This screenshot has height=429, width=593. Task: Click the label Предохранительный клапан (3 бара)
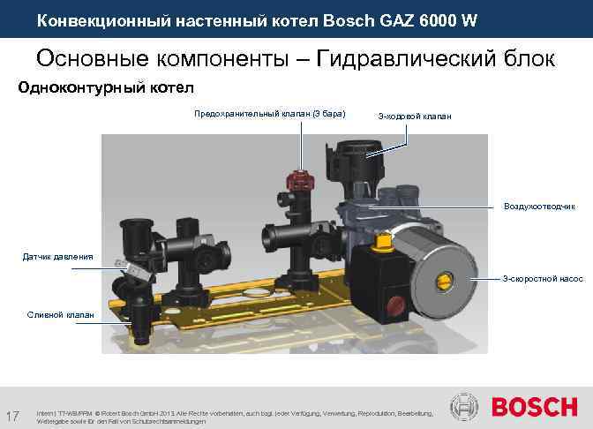pyautogui.click(x=269, y=114)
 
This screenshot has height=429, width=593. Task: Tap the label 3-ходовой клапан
pyautogui.click(x=414, y=116)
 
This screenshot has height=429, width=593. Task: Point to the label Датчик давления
pyautogui.click(x=57, y=257)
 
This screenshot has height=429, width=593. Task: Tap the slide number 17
pyautogui.click(x=12, y=416)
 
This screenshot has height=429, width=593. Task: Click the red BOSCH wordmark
pyautogui.click(x=533, y=408)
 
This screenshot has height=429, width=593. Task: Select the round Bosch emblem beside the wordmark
pyautogui.click(x=465, y=408)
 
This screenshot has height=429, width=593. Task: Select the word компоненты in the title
pyautogui.click(x=221, y=58)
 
